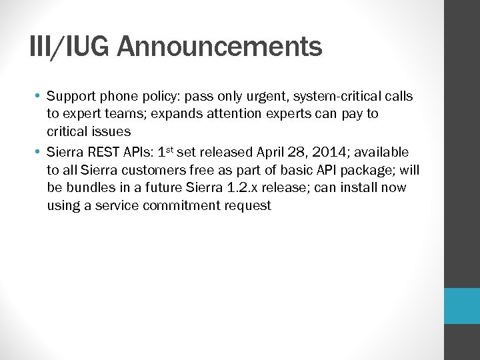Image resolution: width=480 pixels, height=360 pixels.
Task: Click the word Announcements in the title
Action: coord(220,47)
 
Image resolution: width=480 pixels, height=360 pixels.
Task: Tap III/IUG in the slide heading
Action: coord(71,47)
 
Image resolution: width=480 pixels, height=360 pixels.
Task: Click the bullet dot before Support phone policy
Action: coord(37,96)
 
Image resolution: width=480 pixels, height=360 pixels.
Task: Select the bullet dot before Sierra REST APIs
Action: coord(37,152)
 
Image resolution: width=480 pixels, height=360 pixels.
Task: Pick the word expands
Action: coord(191,114)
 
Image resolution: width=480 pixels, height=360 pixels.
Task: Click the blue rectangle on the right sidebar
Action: coord(462,306)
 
